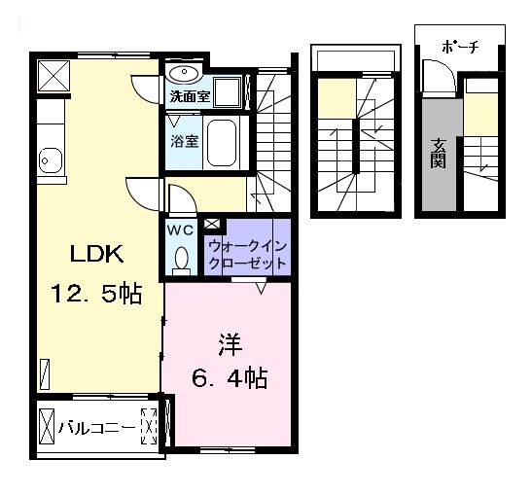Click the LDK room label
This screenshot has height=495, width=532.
94,255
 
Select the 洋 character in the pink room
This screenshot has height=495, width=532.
229,343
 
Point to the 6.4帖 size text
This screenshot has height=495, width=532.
229,377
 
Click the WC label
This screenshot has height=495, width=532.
181,230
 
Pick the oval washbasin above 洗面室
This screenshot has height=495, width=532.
184,74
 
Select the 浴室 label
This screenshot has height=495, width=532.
185,141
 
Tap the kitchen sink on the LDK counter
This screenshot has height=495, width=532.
47,160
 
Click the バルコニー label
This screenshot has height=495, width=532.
93,427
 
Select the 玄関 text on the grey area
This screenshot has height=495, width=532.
439,154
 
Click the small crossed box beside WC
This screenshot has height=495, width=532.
212,225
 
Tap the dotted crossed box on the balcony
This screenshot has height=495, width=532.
149,427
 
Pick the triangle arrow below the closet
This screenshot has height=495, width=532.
261,288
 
